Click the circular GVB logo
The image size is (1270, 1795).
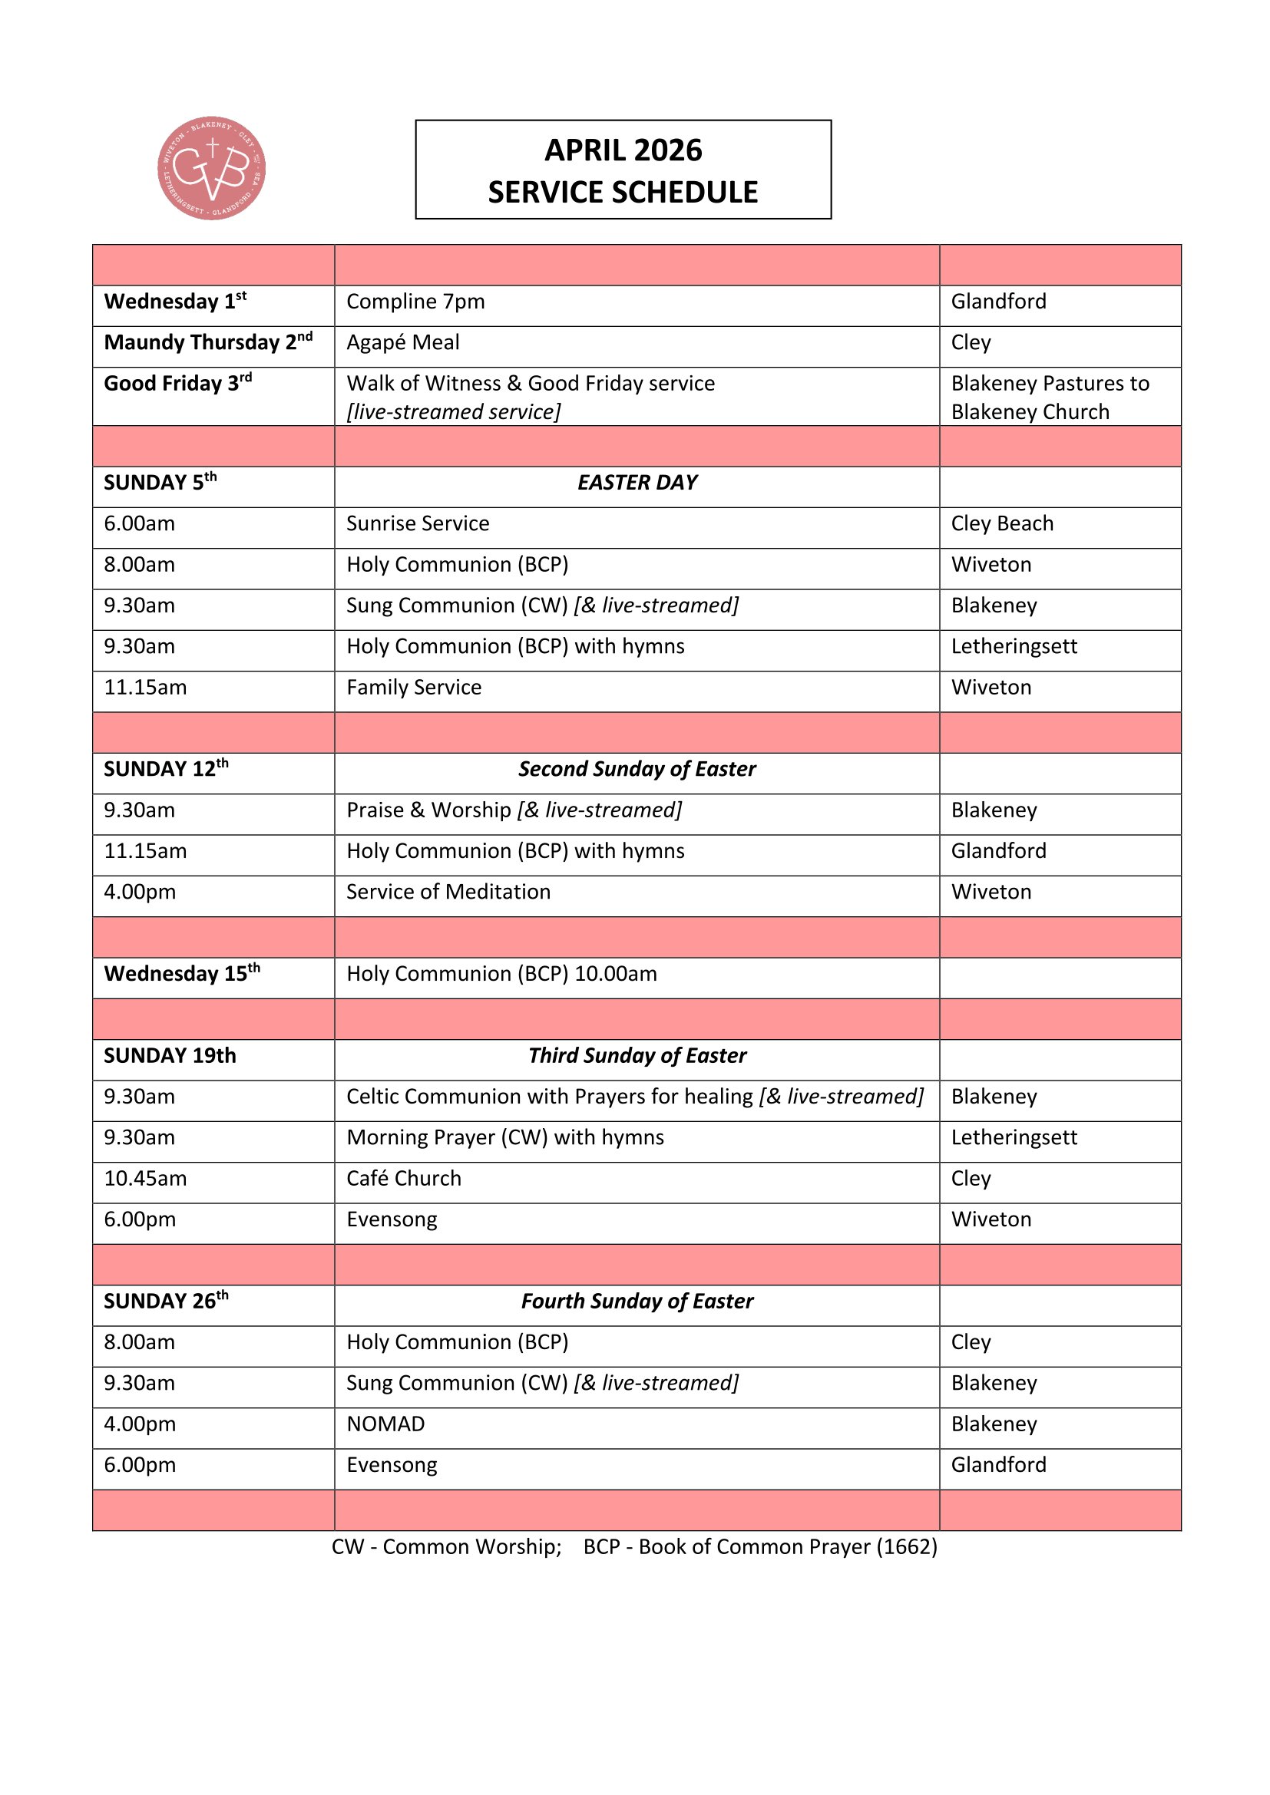pyautogui.click(x=211, y=168)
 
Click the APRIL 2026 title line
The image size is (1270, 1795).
pyautogui.click(x=623, y=150)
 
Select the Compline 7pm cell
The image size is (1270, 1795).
pyautogui.click(x=415, y=302)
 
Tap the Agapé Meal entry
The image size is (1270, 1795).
pyautogui.click(x=403, y=342)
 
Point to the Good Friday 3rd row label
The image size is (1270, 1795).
pyautogui.click(x=177, y=383)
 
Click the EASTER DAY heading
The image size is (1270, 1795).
pyautogui.click(x=637, y=483)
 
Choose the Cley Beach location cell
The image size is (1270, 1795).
pyautogui.click(x=1002, y=524)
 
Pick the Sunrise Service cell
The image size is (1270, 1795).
pyautogui.click(x=418, y=524)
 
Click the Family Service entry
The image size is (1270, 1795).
pyautogui.click(x=414, y=687)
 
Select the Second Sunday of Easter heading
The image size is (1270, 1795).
pyautogui.click(x=637, y=769)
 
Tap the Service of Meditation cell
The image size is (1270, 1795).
pyautogui.click(x=448, y=892)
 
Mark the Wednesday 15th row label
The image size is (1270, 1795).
pyautogui.click(x=181, y=973)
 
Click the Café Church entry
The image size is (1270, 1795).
pyautogui.click(x=404, y=1178)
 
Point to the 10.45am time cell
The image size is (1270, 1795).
pyautogui.click(x=145, y=1178)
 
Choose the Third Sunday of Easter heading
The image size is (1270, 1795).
pyautogui.click(x=637, y=1055)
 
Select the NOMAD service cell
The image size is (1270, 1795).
pyautogui.click(x=385, y=1424)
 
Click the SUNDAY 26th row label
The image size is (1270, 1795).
pyautogui.click(x=166, y=1301)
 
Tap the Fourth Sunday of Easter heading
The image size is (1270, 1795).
pyautogui.click(x=637, y=1301)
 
